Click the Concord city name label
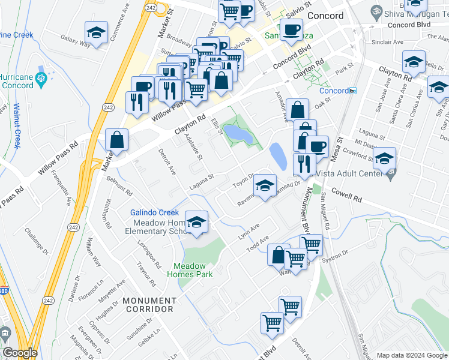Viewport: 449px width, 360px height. [325, 16]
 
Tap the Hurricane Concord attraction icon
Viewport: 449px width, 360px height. [41, 78]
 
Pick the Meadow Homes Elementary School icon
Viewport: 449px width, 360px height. [196, 223]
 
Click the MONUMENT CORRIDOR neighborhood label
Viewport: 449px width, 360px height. [149, 305]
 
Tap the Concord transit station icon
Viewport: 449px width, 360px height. [353, 91]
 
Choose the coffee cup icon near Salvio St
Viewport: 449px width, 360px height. [292, 30]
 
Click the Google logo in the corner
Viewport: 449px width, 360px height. [20, 353]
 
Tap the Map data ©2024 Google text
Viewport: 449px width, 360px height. [411, 355]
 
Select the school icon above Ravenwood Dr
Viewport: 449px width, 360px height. [264, 185]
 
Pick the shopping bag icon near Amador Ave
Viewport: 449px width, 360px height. [297, 110]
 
